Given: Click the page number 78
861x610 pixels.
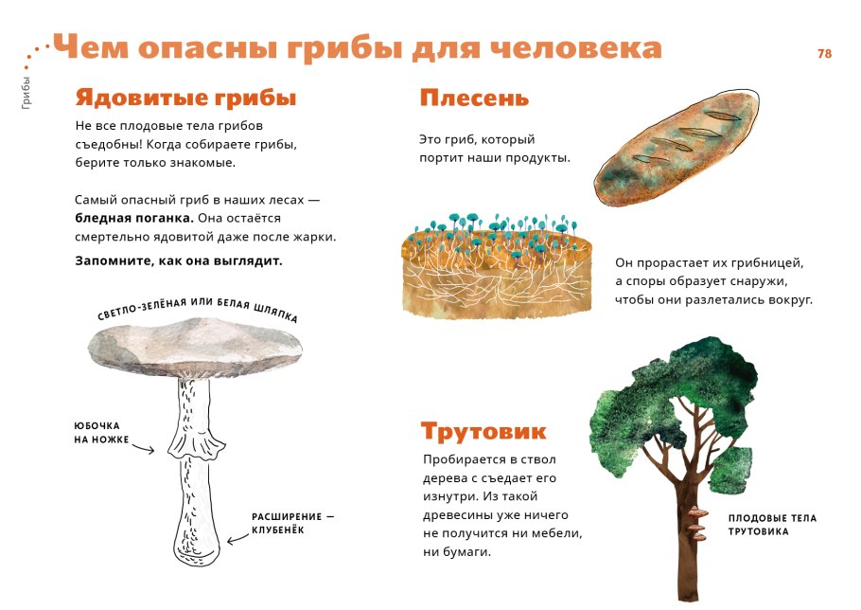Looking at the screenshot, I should [x=824, y=54].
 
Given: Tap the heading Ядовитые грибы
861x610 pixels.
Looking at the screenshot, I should [x=185, y=99].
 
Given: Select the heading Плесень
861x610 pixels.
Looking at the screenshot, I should [x=474, y=99].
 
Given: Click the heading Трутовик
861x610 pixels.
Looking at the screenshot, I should [x=483, y=432].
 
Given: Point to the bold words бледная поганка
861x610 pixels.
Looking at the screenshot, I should [x=134, y=217].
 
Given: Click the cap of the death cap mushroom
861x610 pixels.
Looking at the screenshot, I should [x=203, y=347].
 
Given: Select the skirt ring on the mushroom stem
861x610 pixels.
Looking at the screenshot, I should [x=197, y=443].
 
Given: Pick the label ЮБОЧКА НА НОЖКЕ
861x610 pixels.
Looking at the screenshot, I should [x=101, y=433].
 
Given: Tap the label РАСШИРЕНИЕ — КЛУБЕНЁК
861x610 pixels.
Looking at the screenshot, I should [x=293, y=523].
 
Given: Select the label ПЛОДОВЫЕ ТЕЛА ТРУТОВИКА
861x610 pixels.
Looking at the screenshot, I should [x=772, y=525].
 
